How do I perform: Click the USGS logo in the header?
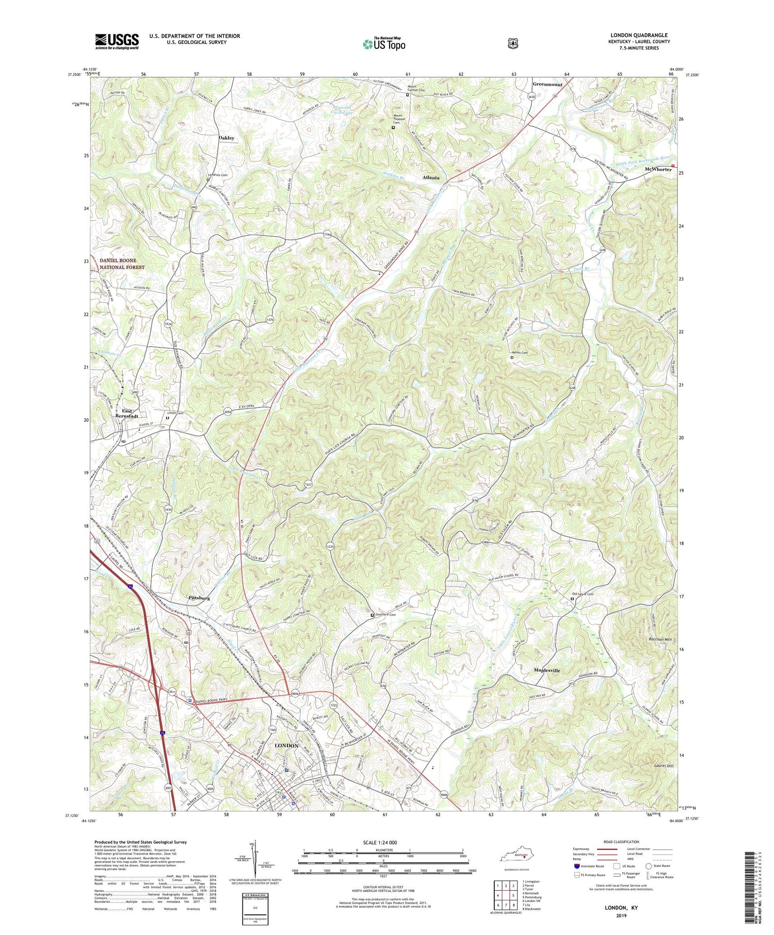tap(117, 41)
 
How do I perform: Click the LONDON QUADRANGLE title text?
tap(639, 35)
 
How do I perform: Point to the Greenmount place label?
tap(547, 84)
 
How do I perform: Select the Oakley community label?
tap(226, 138)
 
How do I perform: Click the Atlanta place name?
tap(431, 177)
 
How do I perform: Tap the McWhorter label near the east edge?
tap(658, 169)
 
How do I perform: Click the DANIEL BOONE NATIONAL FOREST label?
tap(122, 264)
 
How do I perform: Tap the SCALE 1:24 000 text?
tap(383, 842)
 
